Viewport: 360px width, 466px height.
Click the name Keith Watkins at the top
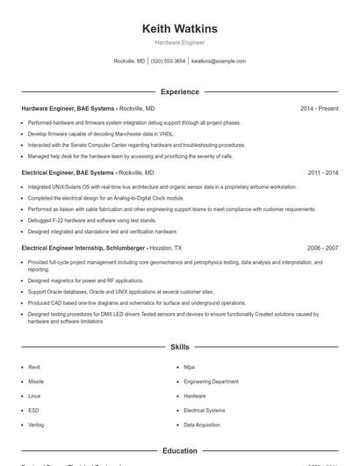(x=180, y=29)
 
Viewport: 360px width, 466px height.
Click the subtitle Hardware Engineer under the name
(x=180, y=42)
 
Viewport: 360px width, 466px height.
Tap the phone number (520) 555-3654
(x=169, y=62)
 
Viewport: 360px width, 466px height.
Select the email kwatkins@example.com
(x=219, y=62)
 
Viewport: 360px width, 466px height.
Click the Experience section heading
(x=180, y=91)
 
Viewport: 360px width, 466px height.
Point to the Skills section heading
(x=180, y=347)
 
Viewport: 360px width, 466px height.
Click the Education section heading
(x=180, y=451)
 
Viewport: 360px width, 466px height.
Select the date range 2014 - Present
(x=320, y=108)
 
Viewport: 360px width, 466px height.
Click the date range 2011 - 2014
(x=323, y=173)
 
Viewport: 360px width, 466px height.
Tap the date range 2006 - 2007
(x=323, y=249)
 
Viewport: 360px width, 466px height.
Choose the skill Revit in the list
(x=35, y=367)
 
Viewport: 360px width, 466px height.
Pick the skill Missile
(x=36, y=382)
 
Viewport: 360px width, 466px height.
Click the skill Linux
(x=34, y=396)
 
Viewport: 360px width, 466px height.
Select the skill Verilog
(x=36, y=425)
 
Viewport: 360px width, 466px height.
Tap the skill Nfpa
(x=190, y=367)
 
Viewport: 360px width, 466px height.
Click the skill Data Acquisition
(x=202, y=425)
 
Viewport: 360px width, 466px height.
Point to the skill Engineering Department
(x=211, y=382)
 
